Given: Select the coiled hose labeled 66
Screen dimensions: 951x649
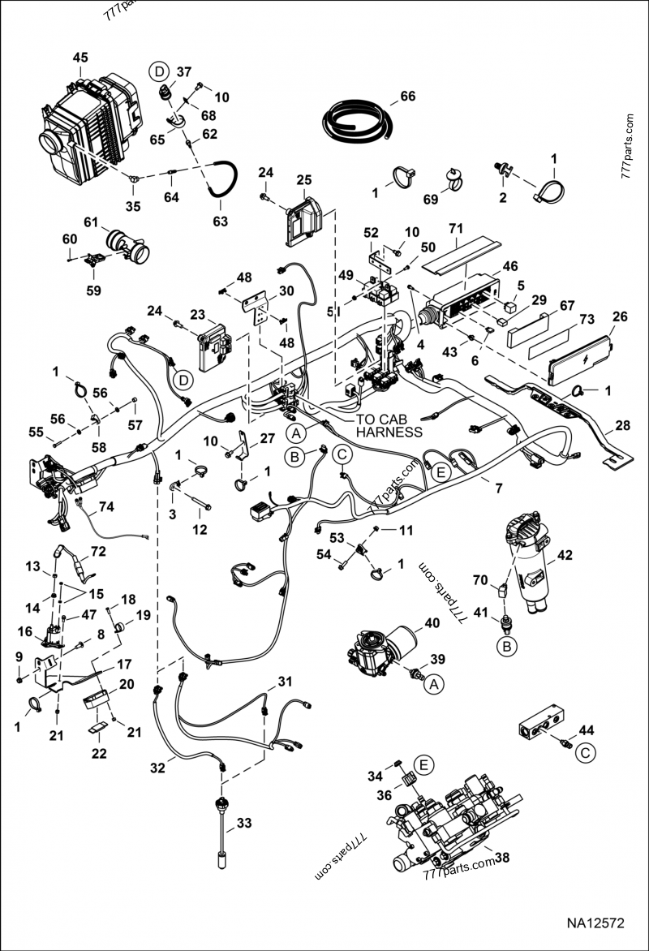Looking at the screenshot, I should [x=358, y=123].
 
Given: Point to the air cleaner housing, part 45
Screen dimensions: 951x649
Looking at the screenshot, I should [x=89, y=130].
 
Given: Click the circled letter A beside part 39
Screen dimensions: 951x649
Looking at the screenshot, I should [x=434, y=685].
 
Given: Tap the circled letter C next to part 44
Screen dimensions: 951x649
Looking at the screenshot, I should [x=584, y=754].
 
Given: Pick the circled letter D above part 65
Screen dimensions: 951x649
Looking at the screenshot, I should [x=158, y=71].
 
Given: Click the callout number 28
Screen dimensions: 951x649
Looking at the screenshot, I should [x=621, y=426].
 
